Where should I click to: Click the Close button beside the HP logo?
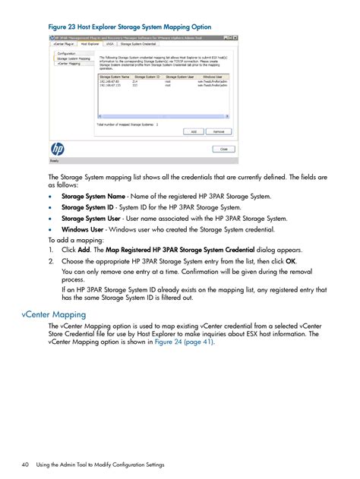tap(223, 150)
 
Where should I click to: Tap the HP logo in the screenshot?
tap(58, 149)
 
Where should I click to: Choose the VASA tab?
tap(110, 44)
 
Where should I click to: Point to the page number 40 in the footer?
tap(27, 465)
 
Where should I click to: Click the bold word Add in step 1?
tap(84, 250)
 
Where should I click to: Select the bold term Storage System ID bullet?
tap(87, 206)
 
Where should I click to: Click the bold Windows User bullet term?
tap(82, 228)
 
